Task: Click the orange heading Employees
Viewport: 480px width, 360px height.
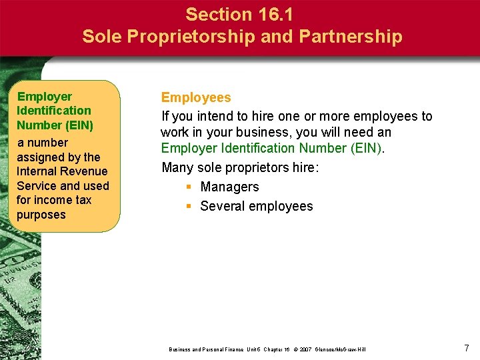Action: pyautogui.click(x=196, y=98)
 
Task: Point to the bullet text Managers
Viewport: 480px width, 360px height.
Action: pyautogui.click(x=229, y=187)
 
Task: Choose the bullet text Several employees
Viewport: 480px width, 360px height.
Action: pyautogui.click(x=256, y=206)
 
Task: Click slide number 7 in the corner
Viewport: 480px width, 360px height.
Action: pyautogui.click(x=466, y=347)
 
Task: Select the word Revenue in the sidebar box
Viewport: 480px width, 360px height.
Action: pyautogui.click(x=86, y=171)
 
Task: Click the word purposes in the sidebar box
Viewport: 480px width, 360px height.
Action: pyautogui.click(x=41, y=215)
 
